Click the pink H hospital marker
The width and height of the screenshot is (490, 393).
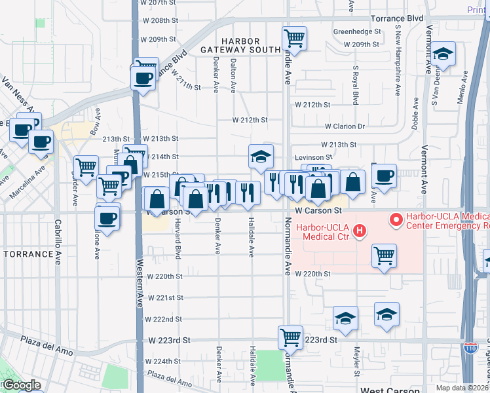359,231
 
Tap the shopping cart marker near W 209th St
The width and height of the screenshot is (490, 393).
294,38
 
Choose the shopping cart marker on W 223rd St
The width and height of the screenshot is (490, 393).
290,337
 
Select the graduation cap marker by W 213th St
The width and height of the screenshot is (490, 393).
260,157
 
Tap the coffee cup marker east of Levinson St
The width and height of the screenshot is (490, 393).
384,176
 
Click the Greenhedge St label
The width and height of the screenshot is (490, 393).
357,31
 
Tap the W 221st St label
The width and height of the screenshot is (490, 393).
164,297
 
